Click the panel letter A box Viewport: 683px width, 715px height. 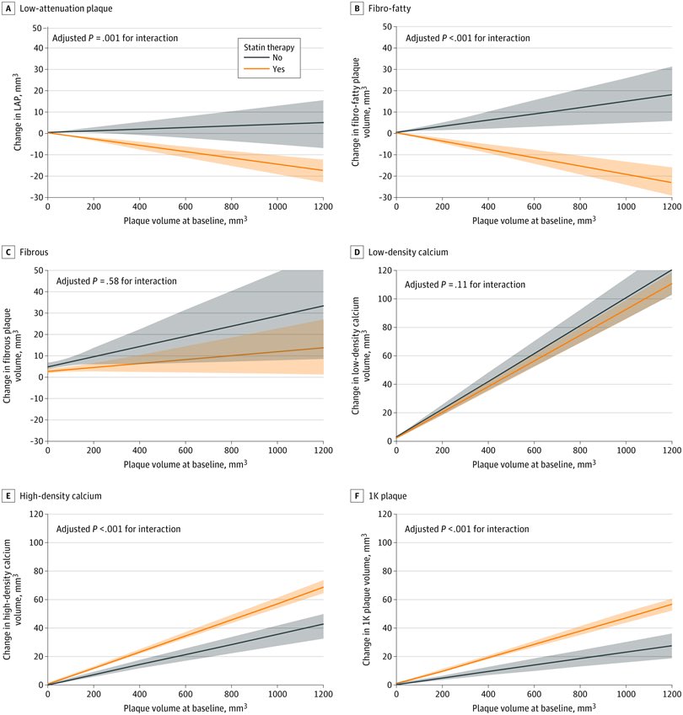coord(8,8)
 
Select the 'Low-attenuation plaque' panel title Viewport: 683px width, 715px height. coord(66,8)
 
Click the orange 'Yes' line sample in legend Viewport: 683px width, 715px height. coord(256,69)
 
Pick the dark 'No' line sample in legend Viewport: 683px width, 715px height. coord(256,57)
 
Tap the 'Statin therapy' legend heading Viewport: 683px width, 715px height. coord(269,47)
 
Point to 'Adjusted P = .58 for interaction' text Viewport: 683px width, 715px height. coord(116,281)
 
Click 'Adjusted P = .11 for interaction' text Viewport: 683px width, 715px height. coord(465,285)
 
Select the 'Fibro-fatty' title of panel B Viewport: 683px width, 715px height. coord(390,8)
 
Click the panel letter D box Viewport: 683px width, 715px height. coord(357,252)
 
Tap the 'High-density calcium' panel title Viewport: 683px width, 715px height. coord(60,496)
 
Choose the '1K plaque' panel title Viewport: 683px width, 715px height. coord(387,496)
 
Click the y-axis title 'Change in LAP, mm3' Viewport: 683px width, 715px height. coord(18,112)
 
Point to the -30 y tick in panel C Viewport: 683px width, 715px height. coord(37,441)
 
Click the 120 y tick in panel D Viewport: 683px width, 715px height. coord(385,270)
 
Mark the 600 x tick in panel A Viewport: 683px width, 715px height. coord(186,206)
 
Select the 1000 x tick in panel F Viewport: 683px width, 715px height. coord(626,694)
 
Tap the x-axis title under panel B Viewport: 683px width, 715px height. coord(534,221)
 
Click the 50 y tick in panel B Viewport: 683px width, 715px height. coord(387,27)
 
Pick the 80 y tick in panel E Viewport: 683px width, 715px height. coord(39,571)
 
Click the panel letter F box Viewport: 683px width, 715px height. coord(357,496)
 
